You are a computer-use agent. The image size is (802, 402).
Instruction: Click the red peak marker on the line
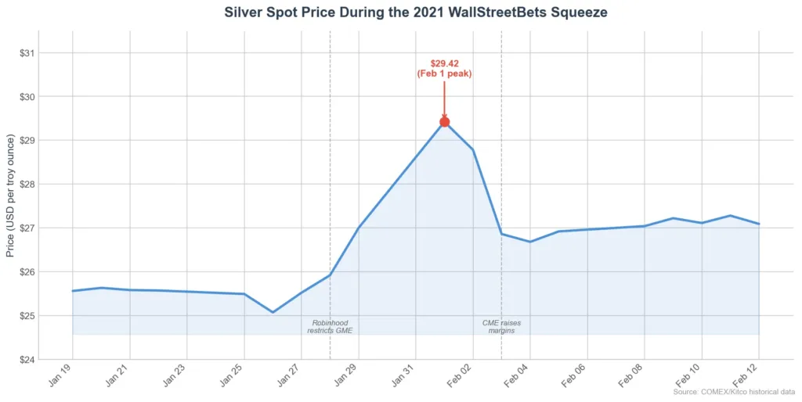pyautogui.click(x=444, y=121)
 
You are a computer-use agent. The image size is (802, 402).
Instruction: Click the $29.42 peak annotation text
pyautogui.click(x=444, y=68)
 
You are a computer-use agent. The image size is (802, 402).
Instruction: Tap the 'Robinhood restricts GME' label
pyautogui.click(x=330, y=326)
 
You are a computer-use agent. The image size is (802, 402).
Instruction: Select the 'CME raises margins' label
pyautogui.click(x=501, y=326)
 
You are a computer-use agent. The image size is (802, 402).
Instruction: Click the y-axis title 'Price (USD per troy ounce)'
pyautogui.click(x=10, y=196)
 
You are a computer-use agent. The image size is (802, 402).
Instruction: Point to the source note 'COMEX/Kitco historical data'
pyautogui.click(x=734, y=391)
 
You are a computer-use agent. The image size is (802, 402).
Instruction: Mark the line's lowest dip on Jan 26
pyautogui.click(x=273, y=312)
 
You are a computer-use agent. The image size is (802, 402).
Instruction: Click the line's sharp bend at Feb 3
pyautogui.click(x=501, y=234)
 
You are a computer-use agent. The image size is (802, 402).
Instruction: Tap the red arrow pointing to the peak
pyautogui.click(x=444, y=98)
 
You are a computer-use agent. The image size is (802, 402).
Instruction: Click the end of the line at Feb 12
pyautogui.click(x=759, y=224)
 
